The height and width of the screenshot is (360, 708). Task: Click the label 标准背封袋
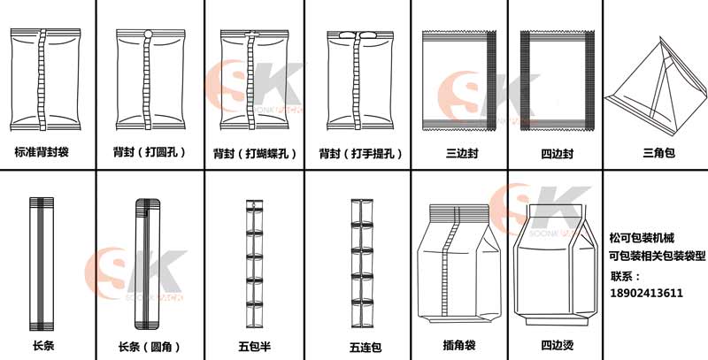(42, 152)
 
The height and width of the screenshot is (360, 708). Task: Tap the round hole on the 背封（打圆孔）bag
(148, 34)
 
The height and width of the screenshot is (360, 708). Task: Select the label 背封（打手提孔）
(360, 154)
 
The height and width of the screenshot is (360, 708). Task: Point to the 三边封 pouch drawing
(459, 80)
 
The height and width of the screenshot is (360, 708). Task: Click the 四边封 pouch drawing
(557, 80)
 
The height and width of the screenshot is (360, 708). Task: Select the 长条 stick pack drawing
(42, 264)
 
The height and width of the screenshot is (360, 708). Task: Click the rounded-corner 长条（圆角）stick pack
(148, 264)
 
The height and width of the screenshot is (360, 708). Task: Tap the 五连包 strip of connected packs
(362, 263)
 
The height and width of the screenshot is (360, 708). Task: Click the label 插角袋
(459, 346)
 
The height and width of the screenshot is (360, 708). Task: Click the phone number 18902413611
(646, 294)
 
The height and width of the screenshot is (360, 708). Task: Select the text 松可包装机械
(642, 238)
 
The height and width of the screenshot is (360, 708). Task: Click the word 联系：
(626, 276)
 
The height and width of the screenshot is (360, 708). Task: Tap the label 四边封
(558, 154)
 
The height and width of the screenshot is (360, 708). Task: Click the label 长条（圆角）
(150, 347)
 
